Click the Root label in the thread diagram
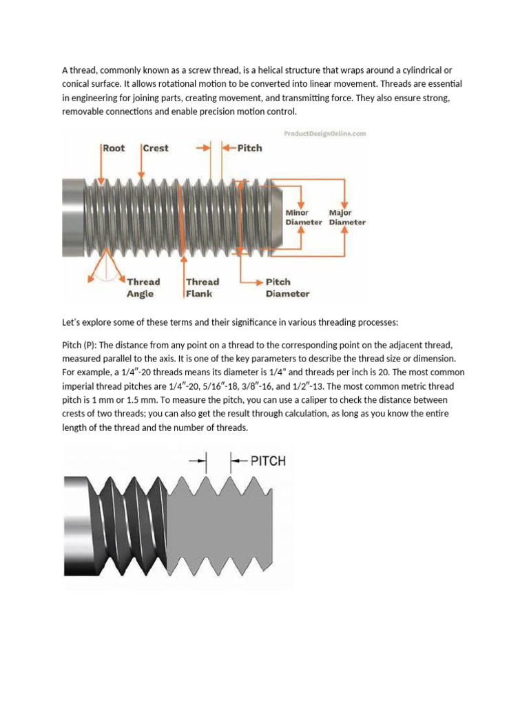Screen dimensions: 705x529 pos(115,148)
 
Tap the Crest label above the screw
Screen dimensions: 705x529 pos(155,148)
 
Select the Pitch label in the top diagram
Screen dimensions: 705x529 pos(249,148)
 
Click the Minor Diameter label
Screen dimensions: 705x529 pos(303,218)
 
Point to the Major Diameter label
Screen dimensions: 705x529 pos(347,218)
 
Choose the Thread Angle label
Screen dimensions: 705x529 pos(143,288)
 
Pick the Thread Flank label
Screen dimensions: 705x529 pos(202,288)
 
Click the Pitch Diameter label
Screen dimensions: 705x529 pos(287,288)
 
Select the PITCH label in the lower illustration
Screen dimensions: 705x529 pos(267,461)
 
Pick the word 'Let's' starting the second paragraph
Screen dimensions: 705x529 pos(74,322)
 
